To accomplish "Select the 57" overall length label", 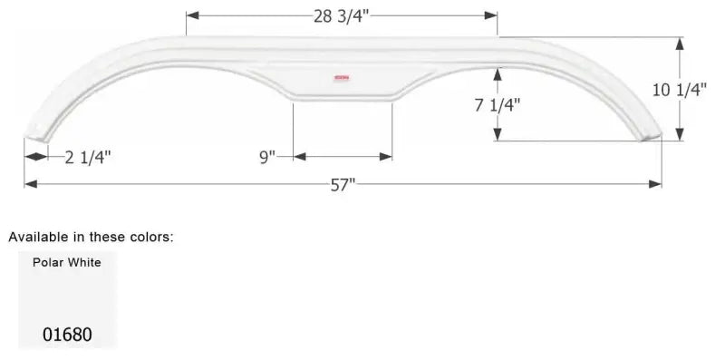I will click(343, 184).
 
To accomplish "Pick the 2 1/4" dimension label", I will click(89, 158).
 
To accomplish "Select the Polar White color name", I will click(67, 263).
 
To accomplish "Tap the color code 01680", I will click(67, 334).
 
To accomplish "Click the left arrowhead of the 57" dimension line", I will click(30, 184).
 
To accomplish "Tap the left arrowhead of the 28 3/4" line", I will click(191, 15).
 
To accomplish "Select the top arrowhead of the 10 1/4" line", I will click(679, 42).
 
